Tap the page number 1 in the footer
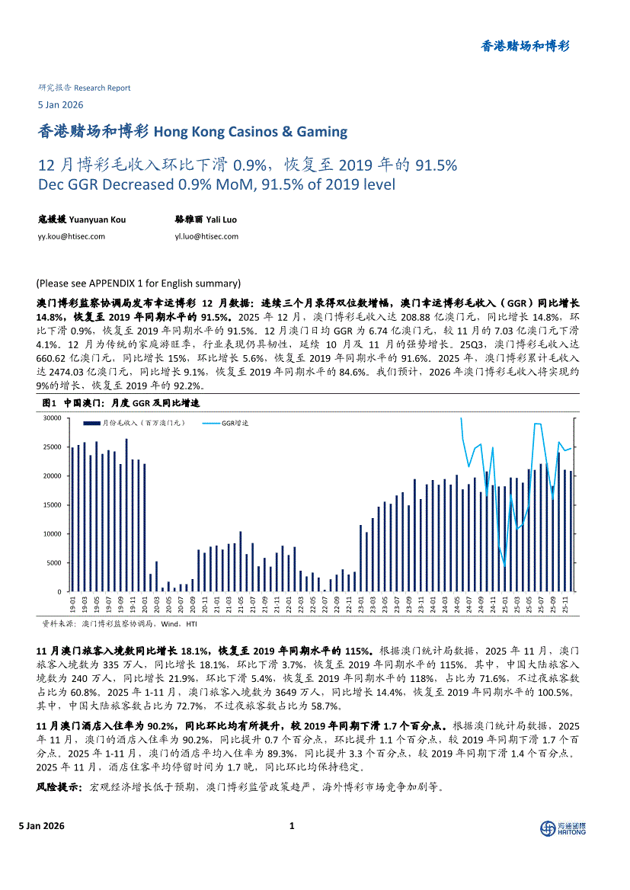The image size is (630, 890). [293, 826]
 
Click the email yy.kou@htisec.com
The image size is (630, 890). [72, 236]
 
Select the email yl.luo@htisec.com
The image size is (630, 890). [206, 236]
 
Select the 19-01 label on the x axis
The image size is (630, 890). [72, 607]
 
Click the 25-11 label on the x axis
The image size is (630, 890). [566, 607]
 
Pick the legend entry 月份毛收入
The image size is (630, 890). [134, 422]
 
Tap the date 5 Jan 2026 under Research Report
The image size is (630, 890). [60, 105]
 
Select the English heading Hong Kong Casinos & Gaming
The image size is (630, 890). [251, 132]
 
